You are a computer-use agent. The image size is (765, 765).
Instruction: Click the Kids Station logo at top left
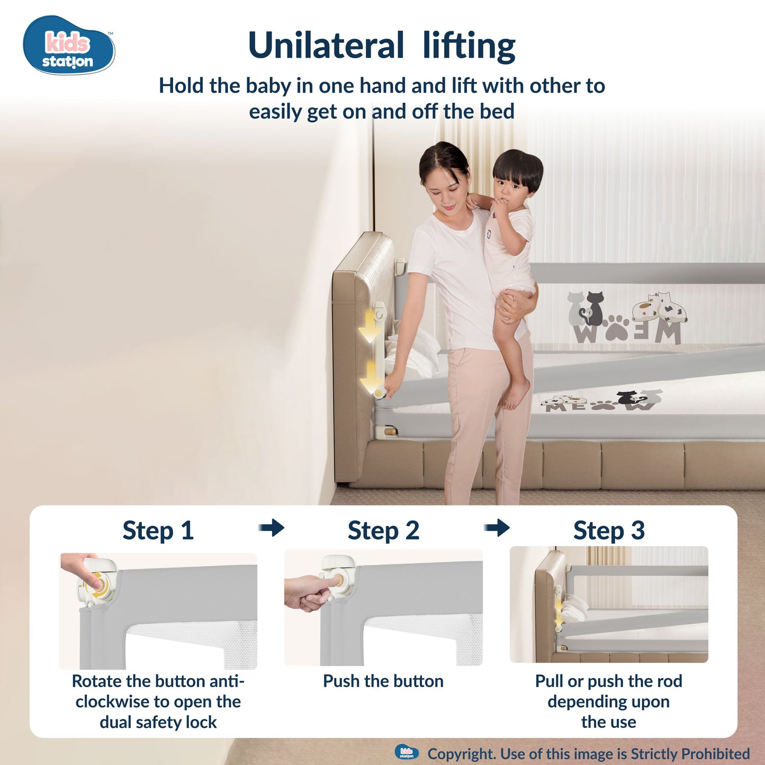click(x=69, y=46)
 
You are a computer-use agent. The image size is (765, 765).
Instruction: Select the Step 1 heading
click(x=158, y=530)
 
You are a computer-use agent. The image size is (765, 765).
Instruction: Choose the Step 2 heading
click(x=383, y=530)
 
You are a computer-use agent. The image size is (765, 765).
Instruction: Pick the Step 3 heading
click(x=609, y=530)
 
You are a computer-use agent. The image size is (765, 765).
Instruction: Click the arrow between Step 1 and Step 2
click(x=272, y=527)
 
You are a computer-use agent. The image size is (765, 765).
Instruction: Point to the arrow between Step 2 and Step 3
click(x=497, y=527)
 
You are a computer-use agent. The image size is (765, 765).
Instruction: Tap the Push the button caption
click(x=383, y=681)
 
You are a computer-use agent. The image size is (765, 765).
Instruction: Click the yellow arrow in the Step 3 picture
click(x=559, y=614)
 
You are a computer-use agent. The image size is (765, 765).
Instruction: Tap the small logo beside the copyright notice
click(x=407, y=753)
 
